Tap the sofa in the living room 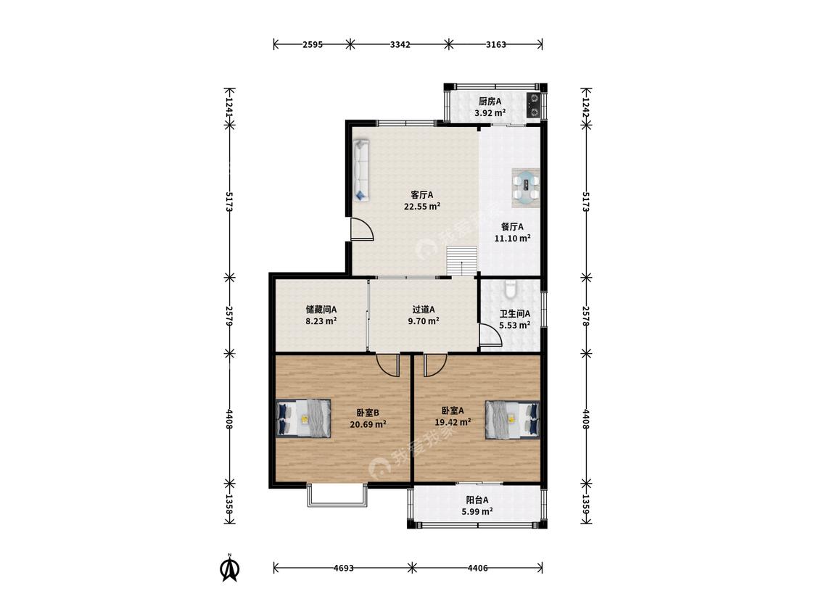[x=361, y=170]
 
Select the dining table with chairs [x=526, y=188]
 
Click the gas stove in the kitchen [x=533, y=104]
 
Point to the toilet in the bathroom [x=510, y=289]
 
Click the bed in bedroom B [x=303, y=418]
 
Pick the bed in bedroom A [x=513, y=419]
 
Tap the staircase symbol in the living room [x=461, y=261]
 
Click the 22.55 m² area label [x=422, y=206]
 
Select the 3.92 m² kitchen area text [x=490, y=113]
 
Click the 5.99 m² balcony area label [x=477, y=511]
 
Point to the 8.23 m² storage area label [x=321, y=321]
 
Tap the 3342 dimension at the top [x=400, y=45]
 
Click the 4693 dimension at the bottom [x=344, y=568]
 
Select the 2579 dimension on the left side [x=229, y=315]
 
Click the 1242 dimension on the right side [x=585, y=107]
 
